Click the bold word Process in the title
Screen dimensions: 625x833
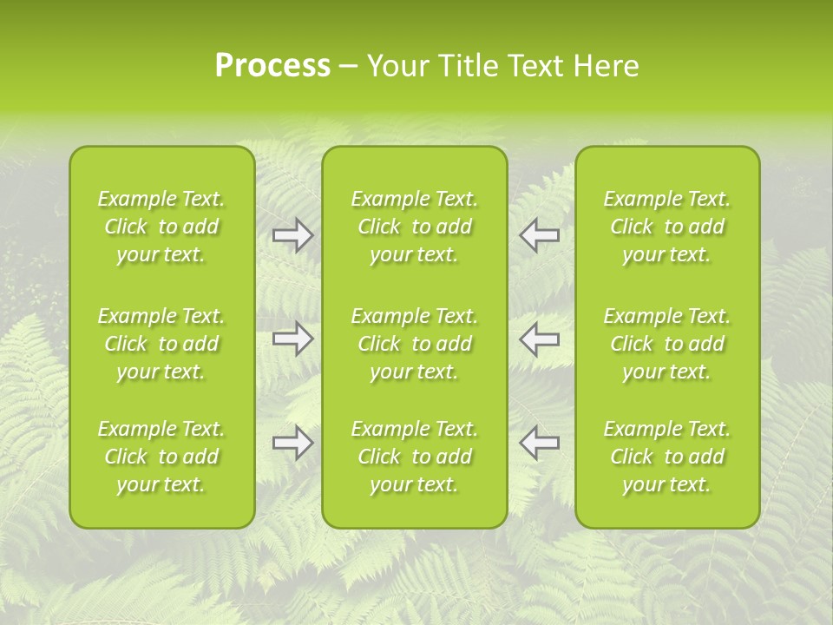(x=272, y=66)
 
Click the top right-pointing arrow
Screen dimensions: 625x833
(x=292, y=235)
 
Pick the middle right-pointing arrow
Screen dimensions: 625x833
(x=292, y=339)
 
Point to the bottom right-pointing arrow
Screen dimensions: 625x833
(x=292, y=443)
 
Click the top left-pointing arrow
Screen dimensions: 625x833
(x=539, y=235)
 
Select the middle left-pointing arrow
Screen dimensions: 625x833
(x=539, y=339)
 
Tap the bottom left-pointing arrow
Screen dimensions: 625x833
(x=539, y=443)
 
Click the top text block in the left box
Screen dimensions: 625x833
(x=161, y=227)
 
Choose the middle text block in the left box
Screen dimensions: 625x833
(x=161, y=344)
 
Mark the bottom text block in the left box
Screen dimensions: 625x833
(x=161, y=457)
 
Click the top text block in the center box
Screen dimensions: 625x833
(x=414, y=227)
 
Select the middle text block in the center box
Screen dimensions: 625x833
(x=414, y=344)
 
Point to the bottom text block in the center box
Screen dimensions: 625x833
(x=414, y=457)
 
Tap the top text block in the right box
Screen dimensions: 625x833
(x=667, y=227)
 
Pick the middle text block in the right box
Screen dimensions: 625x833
(x=667, y=344)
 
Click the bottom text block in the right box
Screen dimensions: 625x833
(x=667, y=457)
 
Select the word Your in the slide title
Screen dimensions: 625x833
(x=397, y=66)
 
